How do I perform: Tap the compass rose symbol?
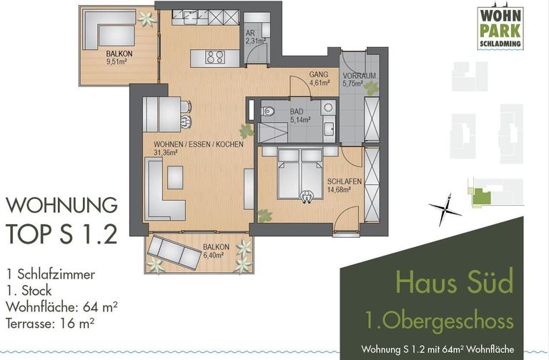coord(445,208)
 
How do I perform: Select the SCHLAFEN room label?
coord(344,186)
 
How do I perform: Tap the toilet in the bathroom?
coord(267,111)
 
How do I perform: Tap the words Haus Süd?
coord(453,284)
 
